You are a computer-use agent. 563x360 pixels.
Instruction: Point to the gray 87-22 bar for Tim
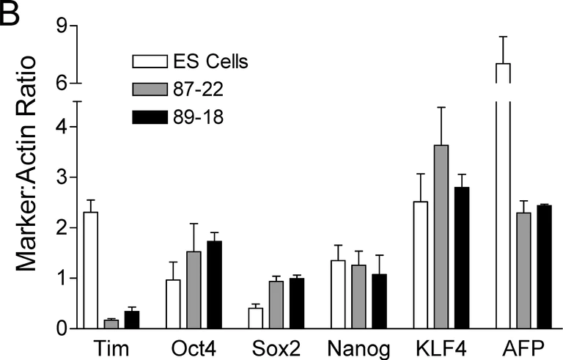coord(111,324)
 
